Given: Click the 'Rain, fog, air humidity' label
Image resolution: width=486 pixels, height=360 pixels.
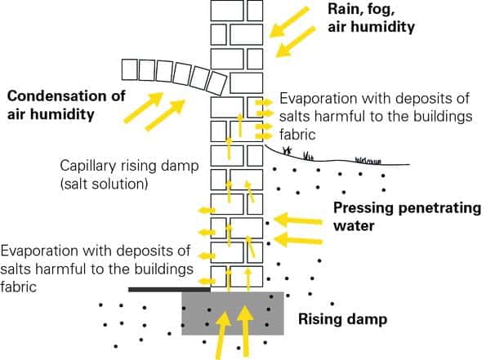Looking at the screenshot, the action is (371, 18).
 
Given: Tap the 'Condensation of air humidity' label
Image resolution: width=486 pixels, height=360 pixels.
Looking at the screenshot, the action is (66, 105).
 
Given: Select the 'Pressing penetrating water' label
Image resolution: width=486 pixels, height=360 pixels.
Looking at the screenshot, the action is (407, 216).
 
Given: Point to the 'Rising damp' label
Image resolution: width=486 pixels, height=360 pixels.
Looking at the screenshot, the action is (342, 319).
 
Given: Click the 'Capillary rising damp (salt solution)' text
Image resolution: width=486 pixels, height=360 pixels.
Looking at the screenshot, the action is (129, 175).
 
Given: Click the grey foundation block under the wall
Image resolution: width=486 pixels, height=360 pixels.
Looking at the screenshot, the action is (233, 313).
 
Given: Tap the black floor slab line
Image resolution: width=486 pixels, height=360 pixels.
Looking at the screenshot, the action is (170, 290).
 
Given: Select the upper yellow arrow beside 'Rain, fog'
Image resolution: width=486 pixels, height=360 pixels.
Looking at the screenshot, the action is (289, 22).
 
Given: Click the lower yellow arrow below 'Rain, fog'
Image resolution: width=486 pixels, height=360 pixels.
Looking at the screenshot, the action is (295, 42).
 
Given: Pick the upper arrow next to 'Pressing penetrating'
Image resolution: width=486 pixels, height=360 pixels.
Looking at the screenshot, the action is (298, 220).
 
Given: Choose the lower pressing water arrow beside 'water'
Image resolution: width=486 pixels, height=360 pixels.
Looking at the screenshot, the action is (298, 240).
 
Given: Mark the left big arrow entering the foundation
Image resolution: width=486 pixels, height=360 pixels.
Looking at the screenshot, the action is (222, 336).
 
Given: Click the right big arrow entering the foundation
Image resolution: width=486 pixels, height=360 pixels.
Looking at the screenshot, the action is (246, 331).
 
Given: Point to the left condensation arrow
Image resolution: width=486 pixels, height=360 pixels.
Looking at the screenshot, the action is (144, 107).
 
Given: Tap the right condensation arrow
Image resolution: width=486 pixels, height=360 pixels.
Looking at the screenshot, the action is (165, 114).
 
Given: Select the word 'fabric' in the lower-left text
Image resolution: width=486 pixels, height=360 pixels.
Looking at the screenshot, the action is (18, 287).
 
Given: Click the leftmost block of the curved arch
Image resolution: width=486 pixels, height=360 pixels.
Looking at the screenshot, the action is (130, 69).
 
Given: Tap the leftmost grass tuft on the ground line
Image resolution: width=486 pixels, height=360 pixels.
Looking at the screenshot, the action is (288, 150).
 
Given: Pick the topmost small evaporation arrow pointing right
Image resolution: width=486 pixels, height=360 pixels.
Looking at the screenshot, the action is (264, 102).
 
